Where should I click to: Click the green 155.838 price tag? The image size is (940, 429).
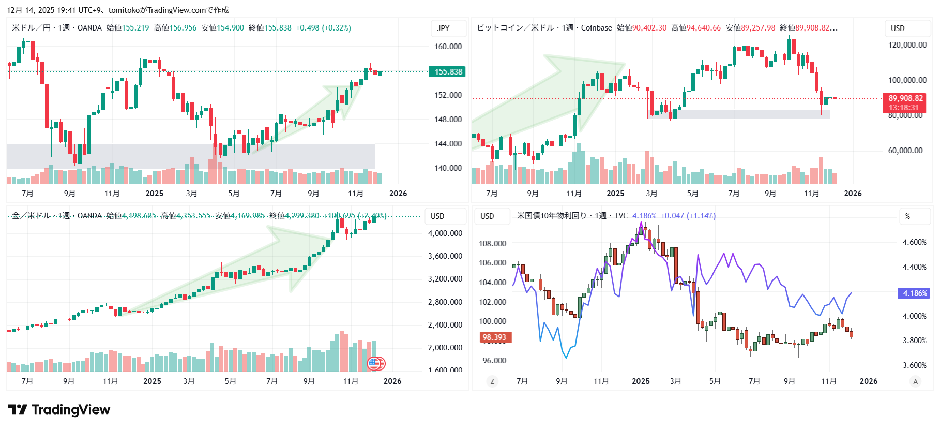[447, 72]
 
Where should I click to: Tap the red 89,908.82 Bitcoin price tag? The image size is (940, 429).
[905, 98]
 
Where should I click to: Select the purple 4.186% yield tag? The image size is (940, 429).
[915, 293]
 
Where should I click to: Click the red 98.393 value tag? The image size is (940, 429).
[494, 337]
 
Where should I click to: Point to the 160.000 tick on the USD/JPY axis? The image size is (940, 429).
[448, 47]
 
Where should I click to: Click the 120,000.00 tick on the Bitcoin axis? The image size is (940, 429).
[907, 45]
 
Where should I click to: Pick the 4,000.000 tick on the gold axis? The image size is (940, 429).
[445, 233]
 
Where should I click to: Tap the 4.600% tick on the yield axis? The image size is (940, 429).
[914, 242]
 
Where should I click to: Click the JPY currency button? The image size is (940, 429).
[443, 28]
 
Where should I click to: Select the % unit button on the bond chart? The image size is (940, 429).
[907, 216]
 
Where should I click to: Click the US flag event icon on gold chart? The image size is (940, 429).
[374, 364]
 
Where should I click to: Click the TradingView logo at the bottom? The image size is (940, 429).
[59, 410]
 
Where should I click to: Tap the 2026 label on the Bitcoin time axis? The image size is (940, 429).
[853, 194]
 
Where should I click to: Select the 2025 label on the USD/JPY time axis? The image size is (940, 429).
[154, 194]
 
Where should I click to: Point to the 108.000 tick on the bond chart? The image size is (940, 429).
[492, 244]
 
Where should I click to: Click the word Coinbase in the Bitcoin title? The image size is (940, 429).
[596, 28]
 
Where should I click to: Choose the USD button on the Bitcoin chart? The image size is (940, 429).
[898, 28]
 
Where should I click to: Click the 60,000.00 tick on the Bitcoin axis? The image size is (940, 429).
[905, 151]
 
